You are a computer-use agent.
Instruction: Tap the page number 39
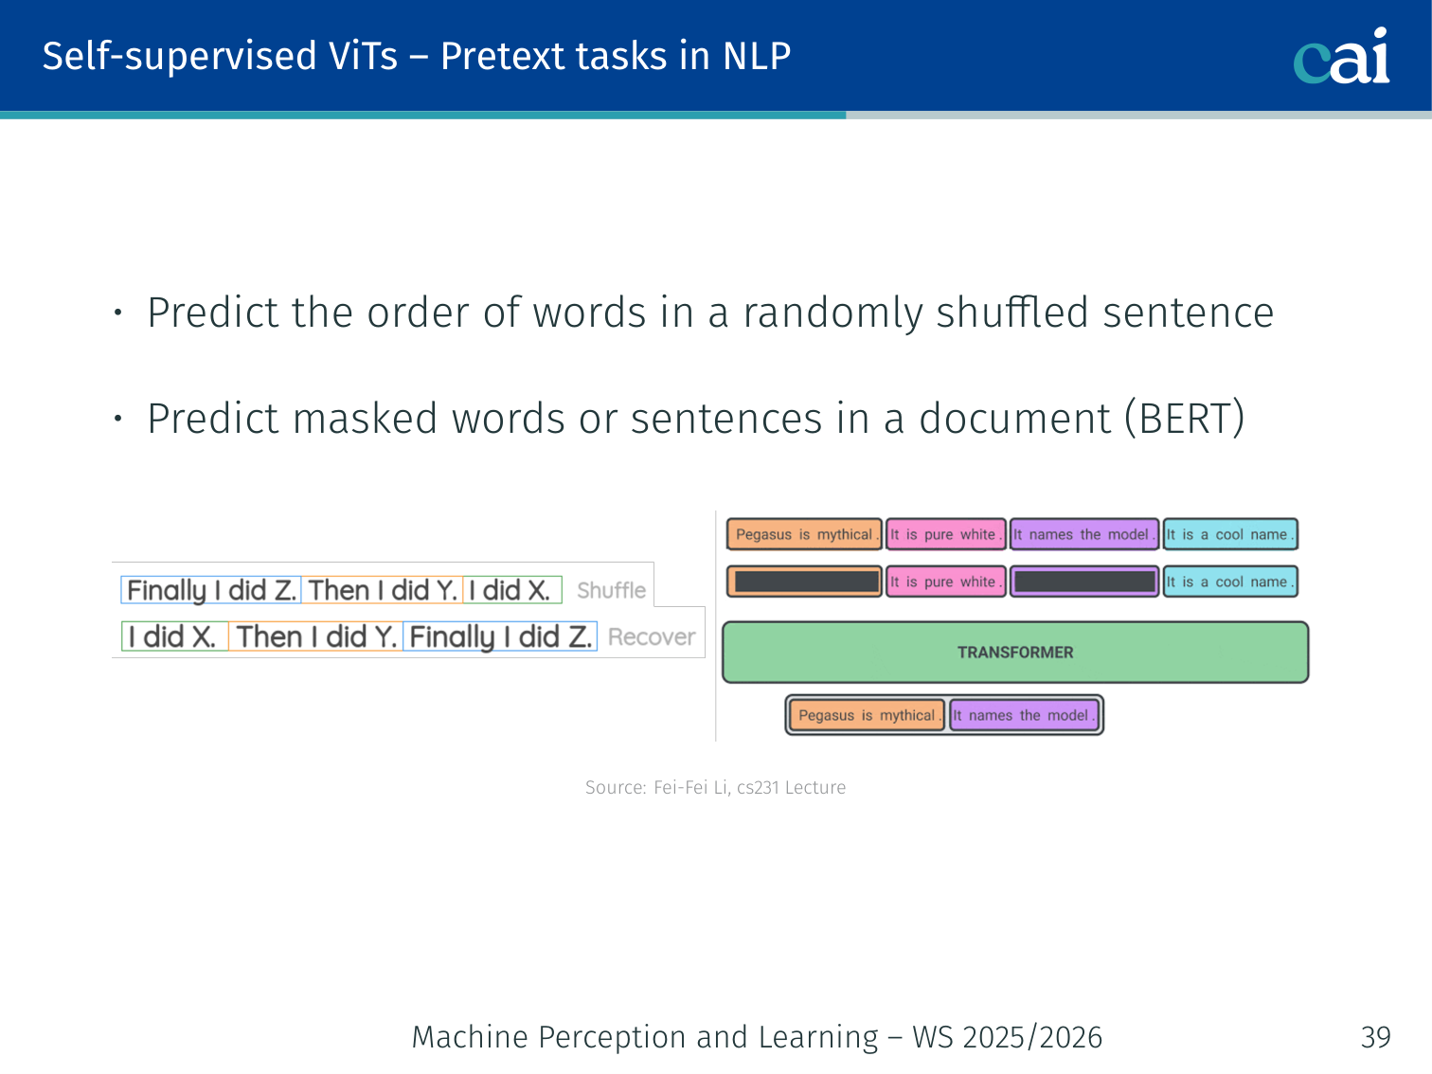[x=1376, y=1037]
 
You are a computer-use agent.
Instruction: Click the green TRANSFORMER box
[x=1015, y=653]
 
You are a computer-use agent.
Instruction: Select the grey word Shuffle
[x=611, y=590]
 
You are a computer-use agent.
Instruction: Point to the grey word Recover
[x=652, y=636]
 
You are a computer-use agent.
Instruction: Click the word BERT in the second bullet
[x=1185, y=418]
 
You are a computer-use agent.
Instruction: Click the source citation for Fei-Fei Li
[x=715, y=787]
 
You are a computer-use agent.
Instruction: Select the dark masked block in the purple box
[x=1085, y=581]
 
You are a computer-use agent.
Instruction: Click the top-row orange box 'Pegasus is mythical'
[x=804, y=534]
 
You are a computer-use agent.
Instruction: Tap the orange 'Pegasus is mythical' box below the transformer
[x=867, y=715]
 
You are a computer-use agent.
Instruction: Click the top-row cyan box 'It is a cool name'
[x=1230, y=534]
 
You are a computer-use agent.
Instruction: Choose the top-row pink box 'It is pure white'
[x=945, y=534]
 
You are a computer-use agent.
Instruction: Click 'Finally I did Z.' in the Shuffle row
[x=211, y=590]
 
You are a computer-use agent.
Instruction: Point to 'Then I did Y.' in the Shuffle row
[x=383, y=590]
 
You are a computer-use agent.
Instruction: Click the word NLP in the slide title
[x=757, y=56]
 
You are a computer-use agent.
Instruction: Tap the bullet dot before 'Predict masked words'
[x=117, y=418]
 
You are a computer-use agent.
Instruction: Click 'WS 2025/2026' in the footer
[x=1008, y=1037]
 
